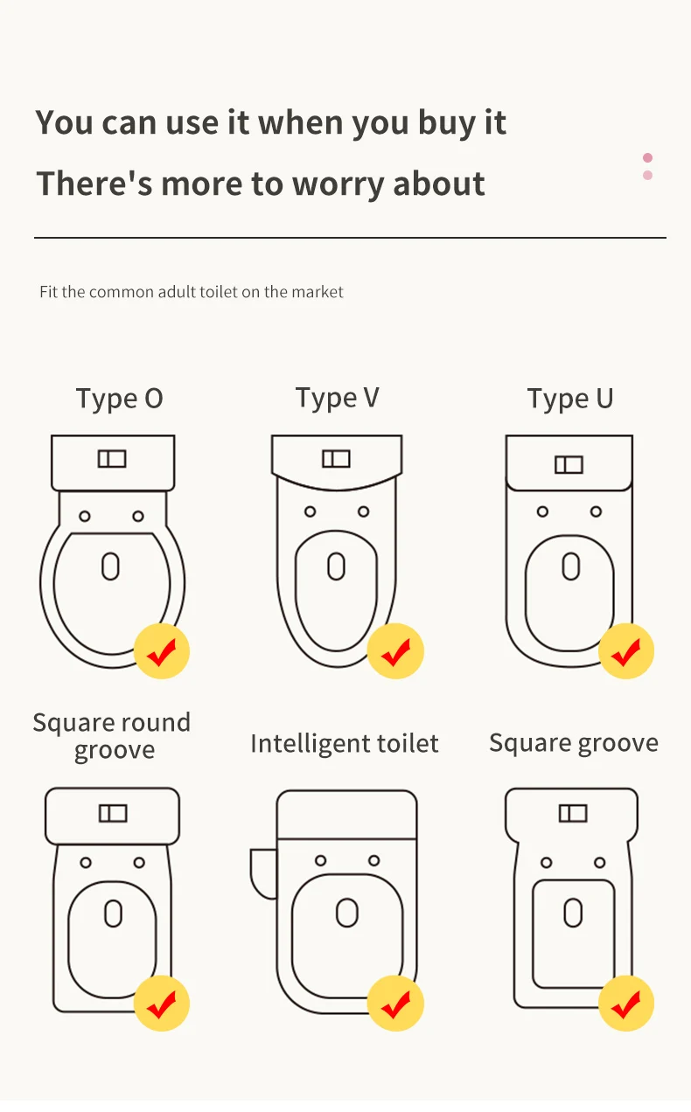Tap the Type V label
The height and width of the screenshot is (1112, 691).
pos(338,398)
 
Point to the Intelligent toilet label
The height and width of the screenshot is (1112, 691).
pos(345,744)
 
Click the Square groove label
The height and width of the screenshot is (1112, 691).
pos(574,744)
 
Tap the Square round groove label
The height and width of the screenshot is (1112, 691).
pos(112,736)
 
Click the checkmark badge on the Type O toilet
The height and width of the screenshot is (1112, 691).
pos(162,650)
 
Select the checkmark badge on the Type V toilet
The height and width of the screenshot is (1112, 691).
pos(395,650)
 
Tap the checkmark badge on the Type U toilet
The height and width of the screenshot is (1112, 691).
pos(626,650)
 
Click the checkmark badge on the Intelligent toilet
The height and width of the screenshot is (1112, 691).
pos(395,1004)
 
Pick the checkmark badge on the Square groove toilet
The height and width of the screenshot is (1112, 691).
pos(626,1004)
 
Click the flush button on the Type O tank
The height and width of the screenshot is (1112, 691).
pos(112,459)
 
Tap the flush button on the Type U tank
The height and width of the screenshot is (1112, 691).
pos(569,465)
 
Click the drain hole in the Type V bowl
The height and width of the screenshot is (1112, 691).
pos(336,566)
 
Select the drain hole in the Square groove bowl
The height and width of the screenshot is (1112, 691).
pos(573,913)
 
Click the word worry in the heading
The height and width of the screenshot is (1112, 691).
pos(338,184)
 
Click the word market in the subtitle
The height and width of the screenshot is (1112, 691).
pos(318,291)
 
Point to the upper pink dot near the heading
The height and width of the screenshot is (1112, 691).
pos(647,158)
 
